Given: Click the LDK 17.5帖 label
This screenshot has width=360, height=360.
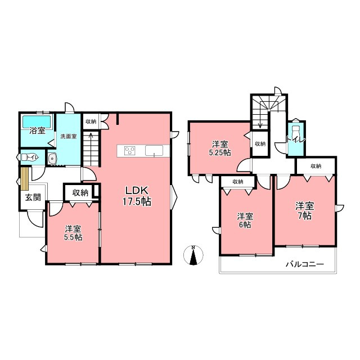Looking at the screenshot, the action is click(x=137, y=196).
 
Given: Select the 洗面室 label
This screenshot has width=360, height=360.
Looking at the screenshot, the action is click(x=69, y=136).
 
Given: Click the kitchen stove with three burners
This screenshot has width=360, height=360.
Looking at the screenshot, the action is click(x=130, y=151).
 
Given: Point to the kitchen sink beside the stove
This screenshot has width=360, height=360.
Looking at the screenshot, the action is click(x=154, y=151).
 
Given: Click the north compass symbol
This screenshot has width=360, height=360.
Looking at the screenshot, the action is click(x=193, y=255).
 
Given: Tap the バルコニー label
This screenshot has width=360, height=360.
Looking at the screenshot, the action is click(x=305, y=264).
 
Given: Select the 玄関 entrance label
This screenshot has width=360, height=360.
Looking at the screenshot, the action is click(x=33, y=197).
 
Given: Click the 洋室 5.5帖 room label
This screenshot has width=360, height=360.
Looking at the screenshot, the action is click(x=73, y=233).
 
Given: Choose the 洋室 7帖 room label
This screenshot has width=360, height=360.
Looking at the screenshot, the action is click(x=305, y=210).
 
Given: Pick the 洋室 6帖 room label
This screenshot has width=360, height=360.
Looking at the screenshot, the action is click(x=245, y=220).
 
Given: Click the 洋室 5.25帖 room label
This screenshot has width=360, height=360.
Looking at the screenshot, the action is click(x=220, y=148).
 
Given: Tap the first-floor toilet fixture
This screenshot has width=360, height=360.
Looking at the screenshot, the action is click(x=29, y=157).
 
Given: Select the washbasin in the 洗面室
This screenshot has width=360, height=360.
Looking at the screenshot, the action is click(x=53, y=158).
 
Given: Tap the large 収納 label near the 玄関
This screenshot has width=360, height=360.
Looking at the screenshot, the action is click(x=80, y=192).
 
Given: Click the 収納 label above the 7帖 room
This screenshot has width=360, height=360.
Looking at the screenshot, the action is click(x=316, y=166).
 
